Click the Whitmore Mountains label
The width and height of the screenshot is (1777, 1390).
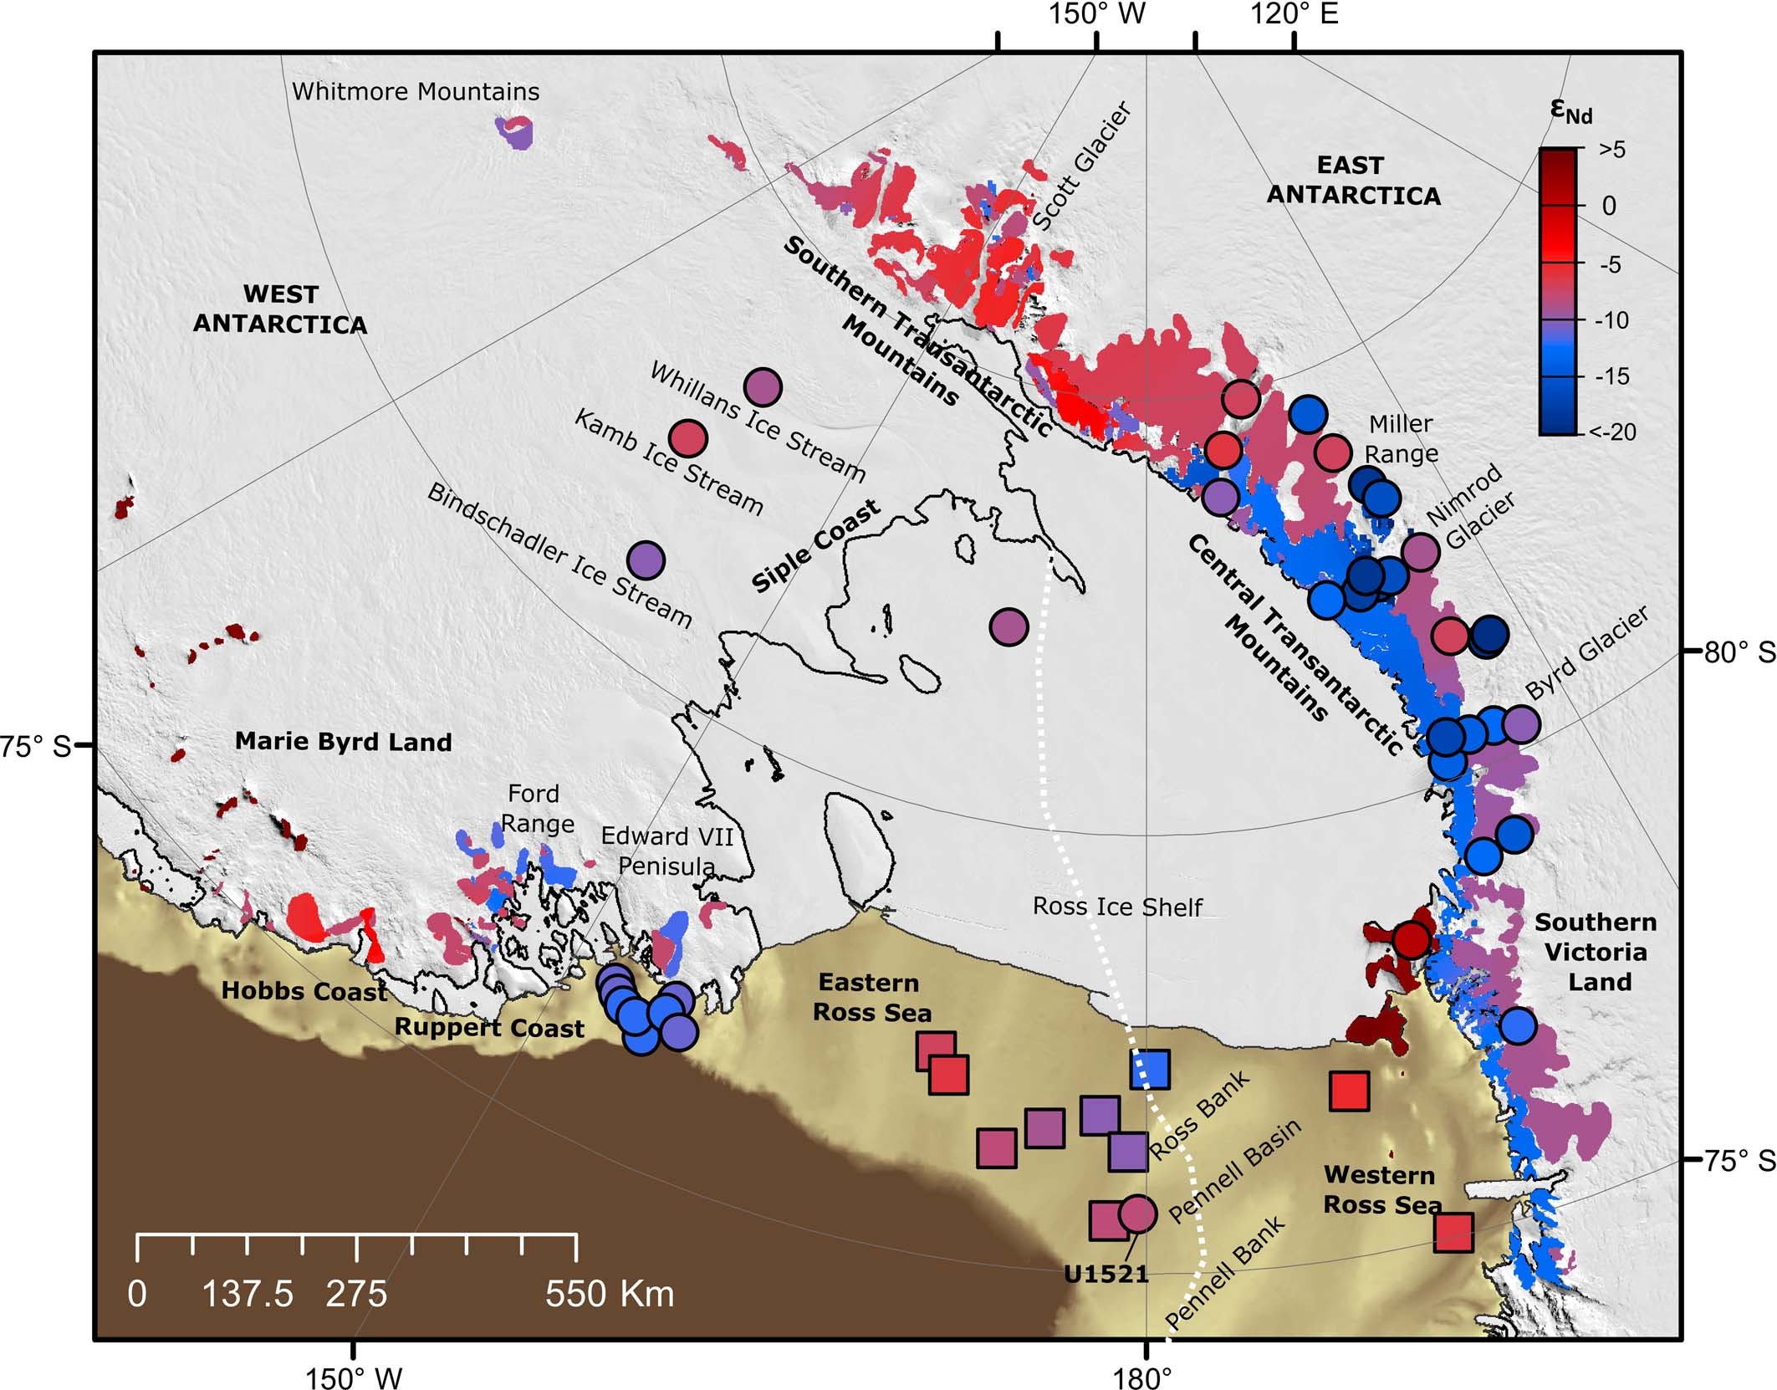416,91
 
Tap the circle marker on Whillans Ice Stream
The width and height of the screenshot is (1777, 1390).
762,387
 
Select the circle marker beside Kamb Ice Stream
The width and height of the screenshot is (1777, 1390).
688,437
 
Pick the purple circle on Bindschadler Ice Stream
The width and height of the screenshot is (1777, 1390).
646,560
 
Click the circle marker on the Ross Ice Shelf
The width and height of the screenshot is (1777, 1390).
1008,626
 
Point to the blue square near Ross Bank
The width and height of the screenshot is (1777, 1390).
1150,1069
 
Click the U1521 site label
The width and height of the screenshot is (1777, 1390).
1106,1274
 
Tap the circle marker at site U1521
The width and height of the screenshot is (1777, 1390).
1137,1213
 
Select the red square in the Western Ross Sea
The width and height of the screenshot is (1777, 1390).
1349,1091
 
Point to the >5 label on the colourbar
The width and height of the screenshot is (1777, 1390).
1612,150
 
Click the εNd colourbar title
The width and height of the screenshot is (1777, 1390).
1570,110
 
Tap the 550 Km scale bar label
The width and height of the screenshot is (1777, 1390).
610,1294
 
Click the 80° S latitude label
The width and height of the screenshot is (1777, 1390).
1739,652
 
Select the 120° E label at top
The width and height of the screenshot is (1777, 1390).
1294,14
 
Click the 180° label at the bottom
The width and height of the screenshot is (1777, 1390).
1143,1376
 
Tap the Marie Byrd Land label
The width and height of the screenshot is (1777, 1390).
343,742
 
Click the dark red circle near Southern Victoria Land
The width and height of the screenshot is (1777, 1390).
1411,940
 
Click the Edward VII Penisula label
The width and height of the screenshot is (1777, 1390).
666,851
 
